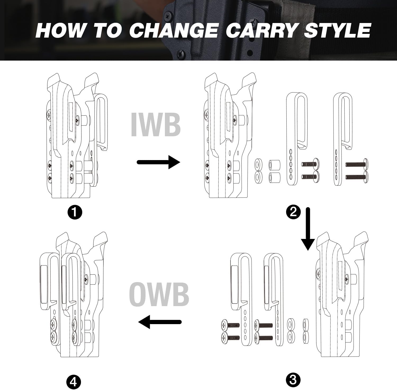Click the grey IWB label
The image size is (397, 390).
point(156,124)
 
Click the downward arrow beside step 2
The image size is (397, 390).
point(308,229)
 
